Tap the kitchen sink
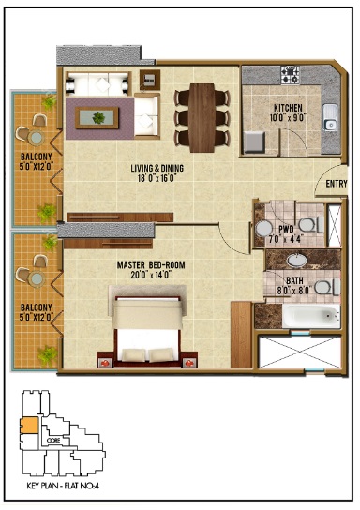pyautogui.click(x=330, y=116)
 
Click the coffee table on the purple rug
pyautogui.click(x=97, y=118)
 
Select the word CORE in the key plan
pyautogui.click(x=55, y=438)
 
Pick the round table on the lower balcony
pyautogui.click(x=33, y=276)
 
